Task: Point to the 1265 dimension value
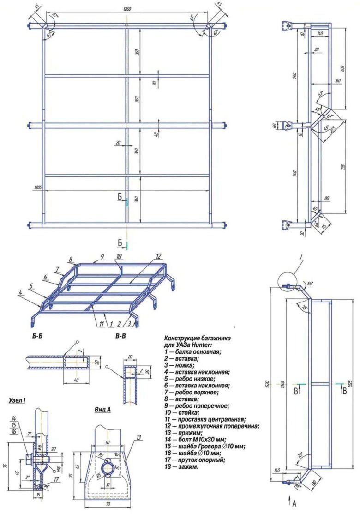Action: (x=38, y=187)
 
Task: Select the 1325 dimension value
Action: (x=352, y=384)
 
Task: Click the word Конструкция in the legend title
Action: (x=182, y=338)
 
